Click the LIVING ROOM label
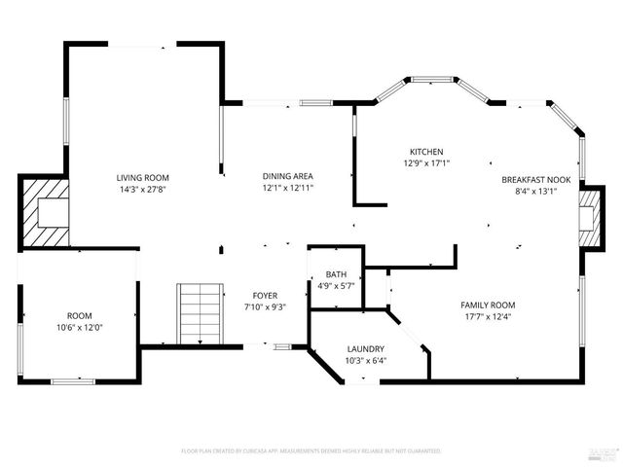tap(143, 177)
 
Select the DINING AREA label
tap(288, 177)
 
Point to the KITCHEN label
tap(426, 152)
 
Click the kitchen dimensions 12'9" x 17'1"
tap(426, 163)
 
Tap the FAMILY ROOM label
tap(488, 305)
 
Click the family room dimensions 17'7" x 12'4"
tap(488, 316)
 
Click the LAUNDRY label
tap(366, 349)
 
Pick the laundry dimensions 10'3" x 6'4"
tap(366, 361)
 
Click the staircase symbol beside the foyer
tap(195, 312)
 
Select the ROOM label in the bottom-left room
tap(79, 316)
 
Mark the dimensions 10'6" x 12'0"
tap(79, 328)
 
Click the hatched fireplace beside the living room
tap(46, 212)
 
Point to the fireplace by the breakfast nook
tap(589, 217)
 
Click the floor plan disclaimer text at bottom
tap(311, 451)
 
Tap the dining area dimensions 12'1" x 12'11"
tap(288, 189)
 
